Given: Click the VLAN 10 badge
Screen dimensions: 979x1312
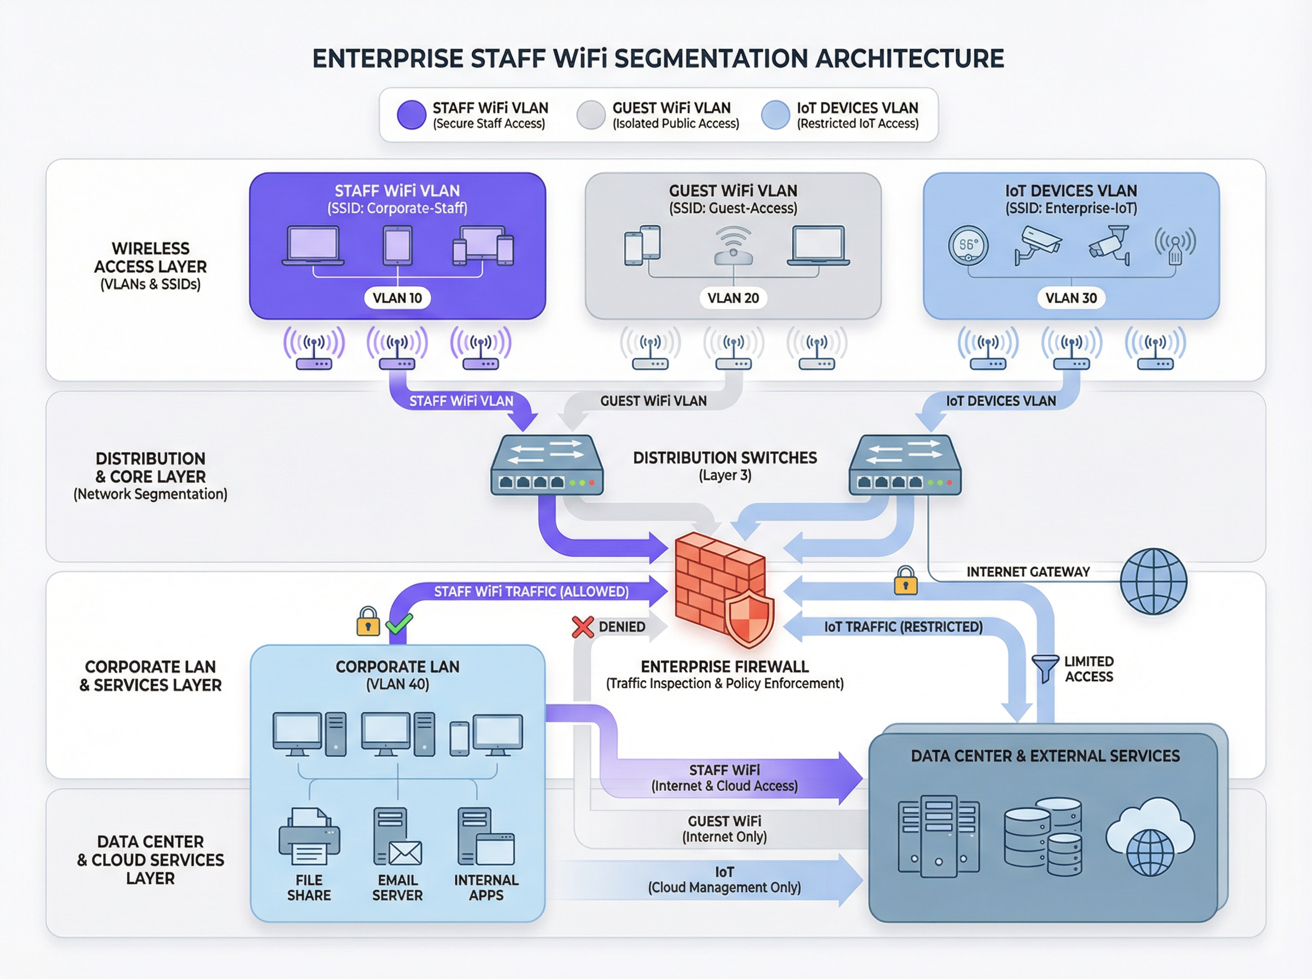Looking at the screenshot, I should pyautogui.click(x=397, y=298).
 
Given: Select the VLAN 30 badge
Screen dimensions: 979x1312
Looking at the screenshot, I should pyautogui.click(x=1071, y=298).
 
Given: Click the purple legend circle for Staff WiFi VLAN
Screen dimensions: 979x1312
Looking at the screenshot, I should pyautogui.click(x=412, y=115).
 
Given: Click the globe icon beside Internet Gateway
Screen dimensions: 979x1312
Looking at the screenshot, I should pyautogui.click(x=1153, y=581).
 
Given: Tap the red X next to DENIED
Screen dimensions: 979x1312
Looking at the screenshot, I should pyautogui.click(x=582, y=627).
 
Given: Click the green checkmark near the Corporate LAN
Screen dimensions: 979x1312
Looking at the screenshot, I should pyautogui.click(x=399, y=623).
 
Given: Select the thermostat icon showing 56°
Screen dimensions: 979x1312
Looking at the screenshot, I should pyautogui.click(x=968, y=245).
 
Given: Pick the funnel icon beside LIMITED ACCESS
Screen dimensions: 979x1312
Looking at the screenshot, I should pyautogui.click(x=1045, y=668).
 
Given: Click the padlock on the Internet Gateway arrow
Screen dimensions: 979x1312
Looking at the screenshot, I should pyautogui.click(x=905, y=580).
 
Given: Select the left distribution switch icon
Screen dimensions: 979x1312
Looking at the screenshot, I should pyautogui.click(x=546, y=466).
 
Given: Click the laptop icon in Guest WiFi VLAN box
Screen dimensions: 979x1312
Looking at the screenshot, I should pyautogui.click(x=818, y=245).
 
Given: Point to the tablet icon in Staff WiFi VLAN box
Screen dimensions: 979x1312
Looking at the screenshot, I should pyautogui.click(x=397, y=245).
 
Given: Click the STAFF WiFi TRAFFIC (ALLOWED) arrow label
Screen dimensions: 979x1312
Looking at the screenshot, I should pyautogui.click(x=531, y=592).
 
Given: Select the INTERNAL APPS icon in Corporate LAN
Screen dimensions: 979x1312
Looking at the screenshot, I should pyautogui.click(x=485, y=837).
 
